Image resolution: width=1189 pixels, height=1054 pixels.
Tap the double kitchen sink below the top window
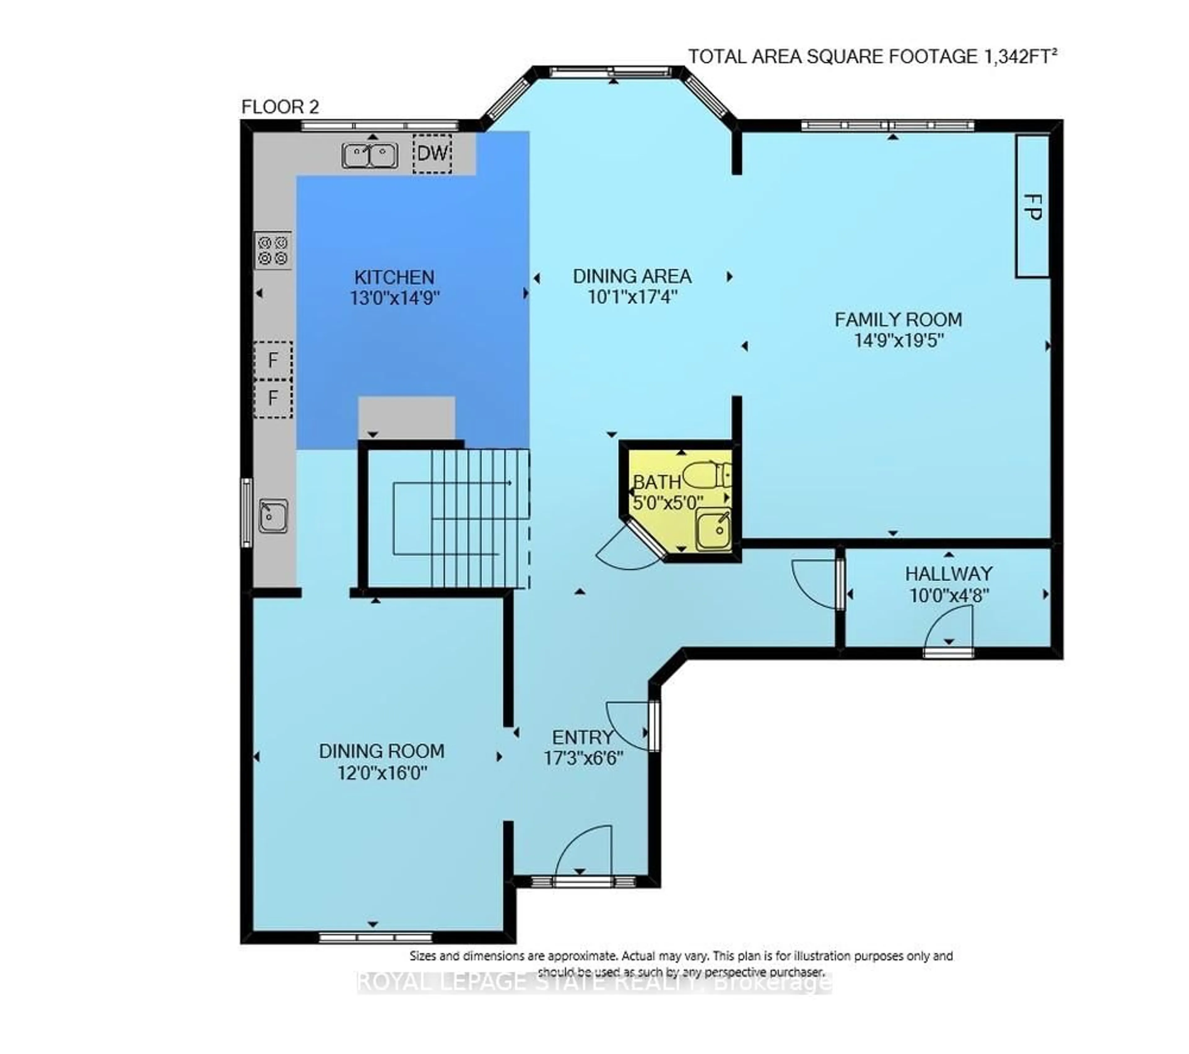coord(370,156)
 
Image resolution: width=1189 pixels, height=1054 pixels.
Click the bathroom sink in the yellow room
coord(714,529)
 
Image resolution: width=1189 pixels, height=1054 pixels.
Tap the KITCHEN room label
coord(394,277)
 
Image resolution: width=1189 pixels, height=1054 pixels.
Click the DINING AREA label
coord(632,276)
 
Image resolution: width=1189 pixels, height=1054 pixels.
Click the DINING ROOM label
coord(381,751)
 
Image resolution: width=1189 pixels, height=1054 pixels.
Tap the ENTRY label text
coord(583,737)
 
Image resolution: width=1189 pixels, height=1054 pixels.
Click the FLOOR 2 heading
coord(281,107)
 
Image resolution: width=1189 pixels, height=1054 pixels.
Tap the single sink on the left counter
coord(273,516)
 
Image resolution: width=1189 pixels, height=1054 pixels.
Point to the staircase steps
coord(480,518)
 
